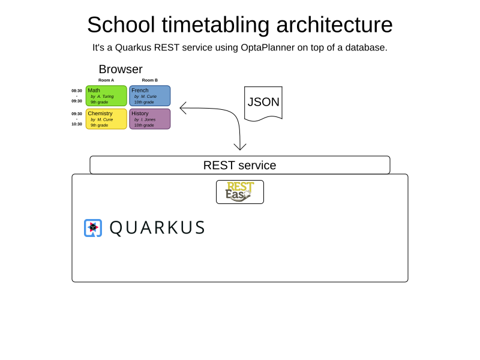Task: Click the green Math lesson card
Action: pos(106,96)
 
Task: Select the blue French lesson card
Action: pos(150,96)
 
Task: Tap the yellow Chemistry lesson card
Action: pos(106,119)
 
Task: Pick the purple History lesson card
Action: pos(150,119)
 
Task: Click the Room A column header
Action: pos(106,80)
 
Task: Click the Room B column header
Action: pos(150,80)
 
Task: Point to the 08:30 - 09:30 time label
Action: pos(77,96)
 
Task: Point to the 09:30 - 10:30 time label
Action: pos(77,119)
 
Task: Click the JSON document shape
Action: pos(263,103)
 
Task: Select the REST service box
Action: pos(240,165)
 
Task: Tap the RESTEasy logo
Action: pos(240,192)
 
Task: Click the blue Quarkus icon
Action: pos(93,228)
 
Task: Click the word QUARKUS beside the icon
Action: pos(157,228)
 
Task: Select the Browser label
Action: pos(121,70)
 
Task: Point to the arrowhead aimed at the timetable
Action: pos(183,108)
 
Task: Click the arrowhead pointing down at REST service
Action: pos(240,147)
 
